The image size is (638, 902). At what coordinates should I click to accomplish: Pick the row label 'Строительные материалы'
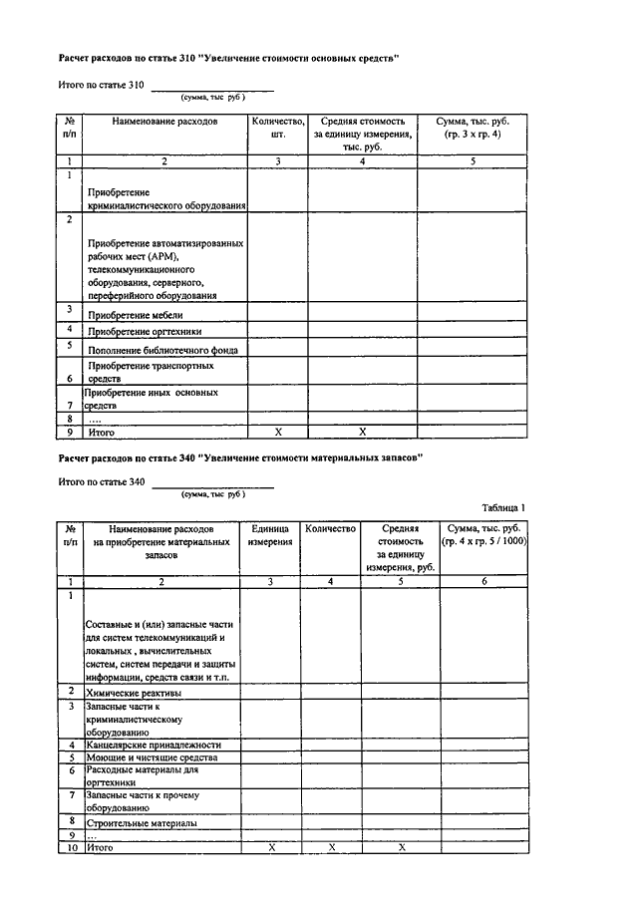(x=141, y=823)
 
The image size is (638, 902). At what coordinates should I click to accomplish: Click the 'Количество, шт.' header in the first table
(x=278, y=128)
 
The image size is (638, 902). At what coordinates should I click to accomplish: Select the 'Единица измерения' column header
(x=271, y=535)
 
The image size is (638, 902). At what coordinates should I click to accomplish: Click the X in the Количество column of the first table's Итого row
(x=278, y=433)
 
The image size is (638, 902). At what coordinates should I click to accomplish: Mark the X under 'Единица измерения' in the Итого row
(x=271, y=847)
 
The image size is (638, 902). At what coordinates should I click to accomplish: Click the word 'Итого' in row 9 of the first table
(x=102, y=434)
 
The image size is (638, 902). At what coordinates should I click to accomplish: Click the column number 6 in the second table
(x=483, y=580)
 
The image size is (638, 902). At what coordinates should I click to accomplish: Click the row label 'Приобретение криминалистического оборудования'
(x=166, y=198)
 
